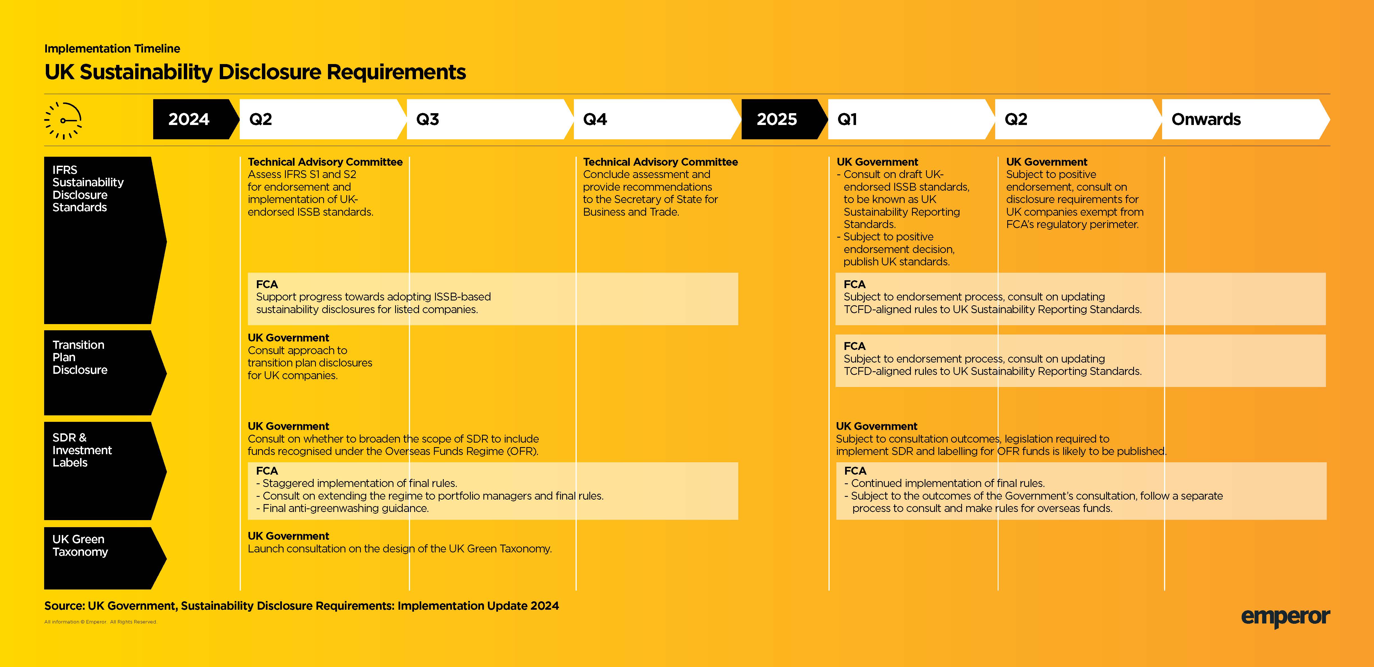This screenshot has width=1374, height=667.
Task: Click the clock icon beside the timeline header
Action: [63, 120]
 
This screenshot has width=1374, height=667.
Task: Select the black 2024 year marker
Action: [189, 119]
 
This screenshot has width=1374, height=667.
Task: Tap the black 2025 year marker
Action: [777, 119]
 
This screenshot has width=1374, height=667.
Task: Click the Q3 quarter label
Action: [427, 119]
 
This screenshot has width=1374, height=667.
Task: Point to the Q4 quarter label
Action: [595, 119]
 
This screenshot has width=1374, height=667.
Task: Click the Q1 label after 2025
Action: [847, 119]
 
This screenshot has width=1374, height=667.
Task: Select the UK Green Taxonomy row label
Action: [80, 545]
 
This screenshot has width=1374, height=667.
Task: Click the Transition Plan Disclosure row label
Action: [80, 357]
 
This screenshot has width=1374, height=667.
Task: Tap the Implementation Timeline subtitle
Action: [112, 49]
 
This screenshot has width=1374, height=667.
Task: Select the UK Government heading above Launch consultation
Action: [288, 536]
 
